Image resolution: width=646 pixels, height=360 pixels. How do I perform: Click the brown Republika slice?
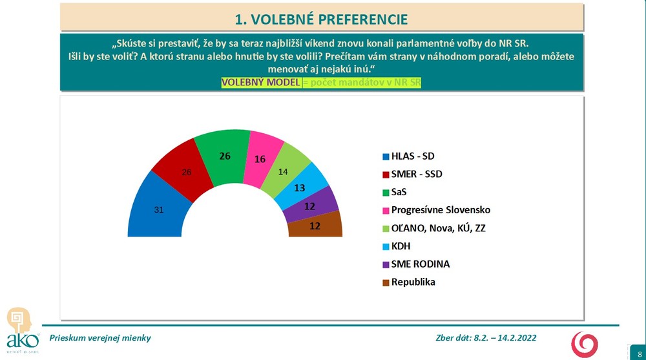coord(315,226)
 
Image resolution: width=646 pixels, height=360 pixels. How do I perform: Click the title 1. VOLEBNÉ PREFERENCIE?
coord(321,19)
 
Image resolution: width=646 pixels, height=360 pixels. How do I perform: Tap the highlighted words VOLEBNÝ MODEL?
coord(261,83)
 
